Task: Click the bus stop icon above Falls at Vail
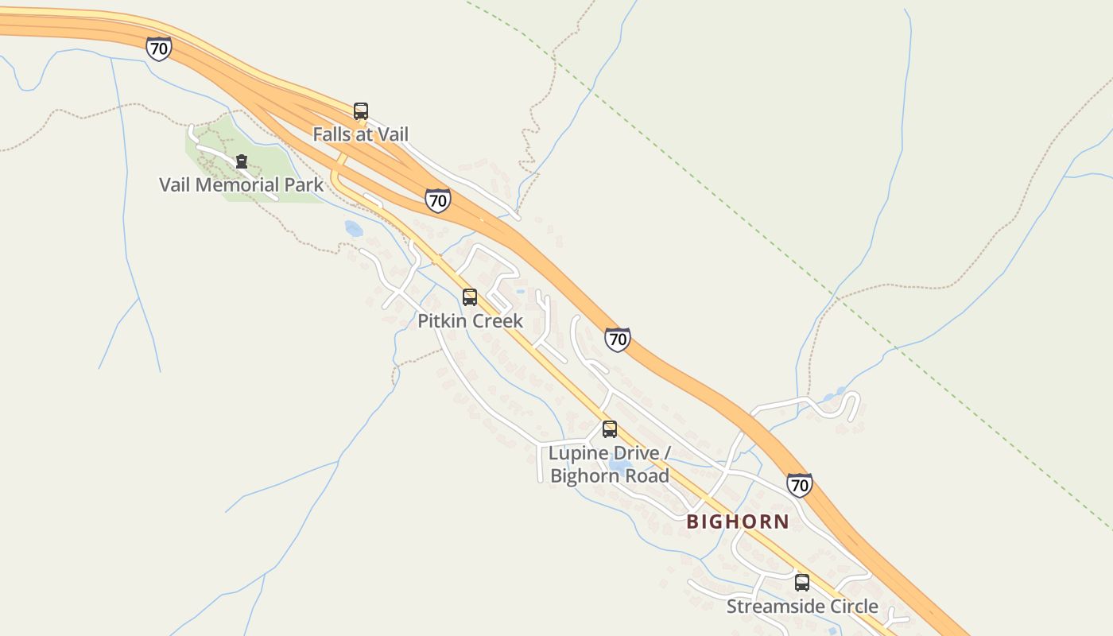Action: (x=361, y=111)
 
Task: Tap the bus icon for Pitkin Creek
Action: (x=470, y=297)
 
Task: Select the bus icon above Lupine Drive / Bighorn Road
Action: (x=610, y=429)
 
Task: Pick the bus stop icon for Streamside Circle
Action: (x=802, y=583)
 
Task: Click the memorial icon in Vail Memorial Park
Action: (x=242, y=161)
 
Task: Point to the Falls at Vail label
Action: (x=360, y=134)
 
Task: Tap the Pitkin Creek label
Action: (x=471, y=320)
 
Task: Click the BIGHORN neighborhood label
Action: (x=738, y=522)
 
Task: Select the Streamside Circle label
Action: (x=802, y=607)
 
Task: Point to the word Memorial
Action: (x=237, y=185)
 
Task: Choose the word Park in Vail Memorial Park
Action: (x=304, y=185)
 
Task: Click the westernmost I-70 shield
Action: (x=159, y=48)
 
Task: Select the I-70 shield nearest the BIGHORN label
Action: (x=800, y=484)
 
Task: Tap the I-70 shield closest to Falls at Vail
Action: (x=437, y=200)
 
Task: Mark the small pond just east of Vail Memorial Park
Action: (x=354, y=229)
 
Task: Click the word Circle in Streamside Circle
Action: (x=851, y=607)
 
